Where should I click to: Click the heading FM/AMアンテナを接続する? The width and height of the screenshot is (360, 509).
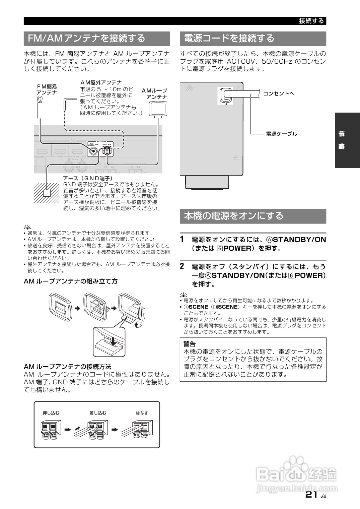(86, 38)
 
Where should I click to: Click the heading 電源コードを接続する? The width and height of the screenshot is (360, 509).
(229, 38)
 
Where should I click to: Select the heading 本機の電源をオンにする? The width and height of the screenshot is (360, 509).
(234, 216)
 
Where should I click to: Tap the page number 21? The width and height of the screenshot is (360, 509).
(311, 495)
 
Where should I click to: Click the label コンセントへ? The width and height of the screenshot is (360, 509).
(279, 93)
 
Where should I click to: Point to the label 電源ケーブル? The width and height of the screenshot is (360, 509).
(281, 134)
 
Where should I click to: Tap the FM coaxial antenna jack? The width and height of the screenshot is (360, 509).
(92, 151)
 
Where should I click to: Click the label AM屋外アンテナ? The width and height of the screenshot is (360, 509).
(101, 82)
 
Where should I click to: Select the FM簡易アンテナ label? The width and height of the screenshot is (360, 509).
(47, 89)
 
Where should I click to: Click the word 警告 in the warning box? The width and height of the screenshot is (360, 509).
(190, 344)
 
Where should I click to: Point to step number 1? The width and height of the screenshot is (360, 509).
(182, 239)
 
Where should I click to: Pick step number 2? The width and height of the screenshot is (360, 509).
(182, 266)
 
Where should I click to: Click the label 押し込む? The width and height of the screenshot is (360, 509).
(51, 413)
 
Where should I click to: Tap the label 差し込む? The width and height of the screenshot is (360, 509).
(98, 413)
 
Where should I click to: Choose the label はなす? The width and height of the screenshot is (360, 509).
(142, 413)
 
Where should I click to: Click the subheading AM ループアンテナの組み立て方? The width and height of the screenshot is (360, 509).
(71, 281)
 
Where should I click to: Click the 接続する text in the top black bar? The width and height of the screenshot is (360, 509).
(311, 21)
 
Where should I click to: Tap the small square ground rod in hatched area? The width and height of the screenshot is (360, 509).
(47, 193)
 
